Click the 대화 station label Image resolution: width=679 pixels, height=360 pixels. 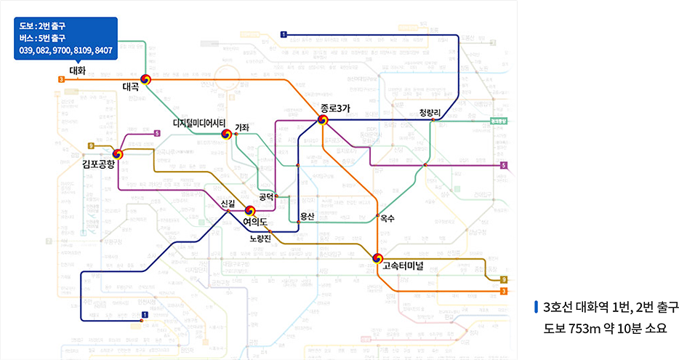[x=77, y=71]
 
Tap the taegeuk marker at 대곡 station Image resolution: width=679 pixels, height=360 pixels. [x=145, y=79]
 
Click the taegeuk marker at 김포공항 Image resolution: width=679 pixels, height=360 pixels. [x=118, y=153]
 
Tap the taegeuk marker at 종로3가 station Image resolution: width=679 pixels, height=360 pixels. [x=324, y=120]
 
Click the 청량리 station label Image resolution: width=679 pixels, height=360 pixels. [x=430, y=112]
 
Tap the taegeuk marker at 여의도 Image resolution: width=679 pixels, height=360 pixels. [x=251, y=211]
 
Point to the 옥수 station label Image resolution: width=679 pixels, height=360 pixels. [x=387, y=217]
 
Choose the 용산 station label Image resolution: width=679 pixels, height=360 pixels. [x=307, y=217]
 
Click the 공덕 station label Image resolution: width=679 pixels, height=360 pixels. [x=265, y=196]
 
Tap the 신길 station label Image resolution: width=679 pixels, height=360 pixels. [x=229, y=202]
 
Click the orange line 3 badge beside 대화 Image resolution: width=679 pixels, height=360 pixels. [x=61, y=79]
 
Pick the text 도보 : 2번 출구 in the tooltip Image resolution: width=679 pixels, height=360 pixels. [x=43, y=26]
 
